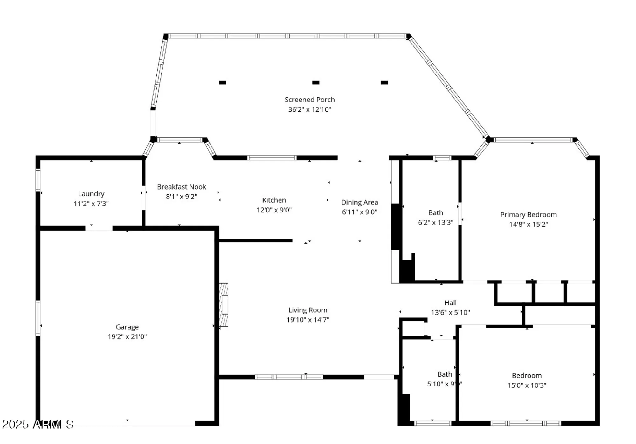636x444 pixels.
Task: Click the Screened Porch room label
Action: (x=309, y=100)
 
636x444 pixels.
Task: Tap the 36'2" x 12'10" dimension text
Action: (x=309, y=109)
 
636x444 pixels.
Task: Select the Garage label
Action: (x=127, y=327)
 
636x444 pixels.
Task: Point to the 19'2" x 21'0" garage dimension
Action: (x=127, y=336)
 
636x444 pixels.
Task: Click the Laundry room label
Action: (x=91, y=194)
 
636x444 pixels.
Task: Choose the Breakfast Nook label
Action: (x=182, y=187)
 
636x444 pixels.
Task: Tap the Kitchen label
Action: (x=274, y=200)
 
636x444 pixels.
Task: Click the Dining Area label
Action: (x=359, y=202)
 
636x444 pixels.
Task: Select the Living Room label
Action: (x=308, y=310)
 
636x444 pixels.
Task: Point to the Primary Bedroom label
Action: (x=528, y=215)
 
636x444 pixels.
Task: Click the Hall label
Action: (x=450, y=303)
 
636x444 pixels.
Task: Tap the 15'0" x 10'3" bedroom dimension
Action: (x=527, y=385)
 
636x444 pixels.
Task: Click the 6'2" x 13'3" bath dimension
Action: (x=435, y=222)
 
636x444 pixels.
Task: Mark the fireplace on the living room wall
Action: (x=224, y=305)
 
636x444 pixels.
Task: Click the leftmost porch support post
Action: (x=223, y=83)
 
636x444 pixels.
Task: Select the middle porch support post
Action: (x=315, y=83)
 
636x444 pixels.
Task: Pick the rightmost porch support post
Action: (x=384, y=83)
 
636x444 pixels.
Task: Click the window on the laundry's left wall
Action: (x=38, y=180)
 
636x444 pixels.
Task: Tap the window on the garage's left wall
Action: (x=38, y=318)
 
